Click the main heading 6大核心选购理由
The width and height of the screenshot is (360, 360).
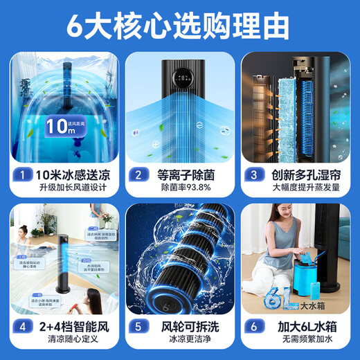pos(179,26)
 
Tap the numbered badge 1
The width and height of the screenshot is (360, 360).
pos(24,174)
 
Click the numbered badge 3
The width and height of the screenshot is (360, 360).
pos(253,174)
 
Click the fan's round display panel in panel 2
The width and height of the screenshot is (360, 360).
pos(183,77)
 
